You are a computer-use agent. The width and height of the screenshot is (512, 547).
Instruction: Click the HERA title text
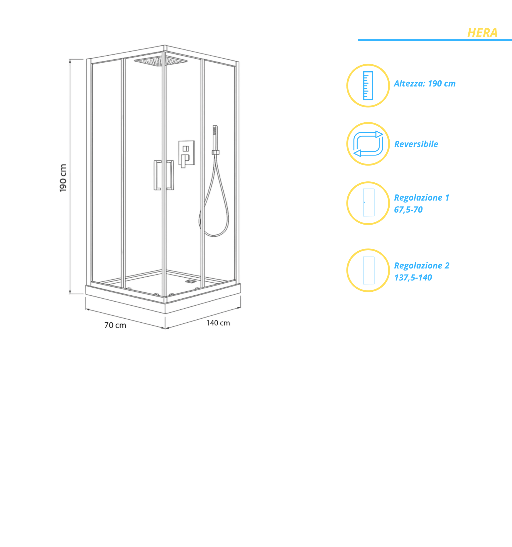point(482,33)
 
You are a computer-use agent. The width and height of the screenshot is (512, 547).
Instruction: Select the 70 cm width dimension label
point(115,325)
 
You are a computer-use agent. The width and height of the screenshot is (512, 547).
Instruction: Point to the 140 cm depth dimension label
point(218,323)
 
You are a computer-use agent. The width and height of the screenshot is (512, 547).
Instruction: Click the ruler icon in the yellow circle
point(368,85)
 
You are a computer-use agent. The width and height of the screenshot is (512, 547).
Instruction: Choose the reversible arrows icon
point(368,144)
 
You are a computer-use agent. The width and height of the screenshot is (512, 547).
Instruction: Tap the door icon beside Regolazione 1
point(368,202)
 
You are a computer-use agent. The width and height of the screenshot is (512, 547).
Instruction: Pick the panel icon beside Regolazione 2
point(368,271)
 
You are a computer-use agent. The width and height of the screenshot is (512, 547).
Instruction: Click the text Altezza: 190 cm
point(424,83)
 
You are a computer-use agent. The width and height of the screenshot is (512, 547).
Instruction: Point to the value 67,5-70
point(408,210)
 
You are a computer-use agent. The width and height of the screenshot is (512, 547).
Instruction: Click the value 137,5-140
point(413,278)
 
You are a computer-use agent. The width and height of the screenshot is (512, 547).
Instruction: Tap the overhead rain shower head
point(161,61)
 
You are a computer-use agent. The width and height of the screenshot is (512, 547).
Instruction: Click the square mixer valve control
point(186,154)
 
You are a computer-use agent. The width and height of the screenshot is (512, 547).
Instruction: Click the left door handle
point(157,175)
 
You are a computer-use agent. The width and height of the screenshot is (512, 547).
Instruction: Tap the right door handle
point(170,175)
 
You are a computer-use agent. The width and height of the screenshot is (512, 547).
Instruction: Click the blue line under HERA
point(435,40)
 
